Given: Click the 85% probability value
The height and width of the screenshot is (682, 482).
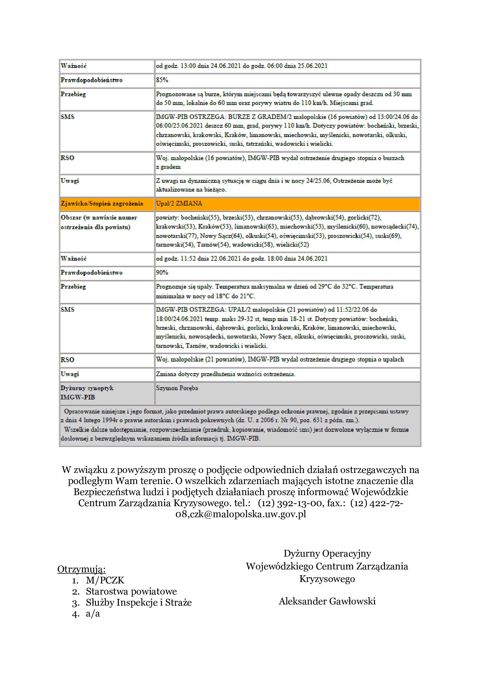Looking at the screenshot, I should pyautogui.click(x=162, y=80).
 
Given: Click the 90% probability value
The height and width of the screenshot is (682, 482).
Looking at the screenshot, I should pyautogui.click(x=162, y=272).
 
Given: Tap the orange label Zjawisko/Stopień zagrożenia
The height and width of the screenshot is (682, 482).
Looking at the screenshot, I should pyautogui.click(x=102, y=204).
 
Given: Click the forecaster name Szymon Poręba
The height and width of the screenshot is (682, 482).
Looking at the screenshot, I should pyautogui.click(x=177, y=388).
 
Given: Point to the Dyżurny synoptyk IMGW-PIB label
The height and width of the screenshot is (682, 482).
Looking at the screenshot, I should pyautogui.click(x=87, y=392).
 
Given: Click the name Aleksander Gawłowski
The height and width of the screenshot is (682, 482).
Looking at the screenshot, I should pyautogui.click(x=327, y=601).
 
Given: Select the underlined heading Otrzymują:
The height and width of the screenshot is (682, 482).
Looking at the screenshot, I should pyautogui.click(x=81, y=569).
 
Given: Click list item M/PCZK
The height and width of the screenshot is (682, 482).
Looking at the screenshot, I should pyautogui.click(x=105, y=580).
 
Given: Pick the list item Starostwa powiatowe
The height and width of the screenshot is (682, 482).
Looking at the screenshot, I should pyautogui.click(x=131, y=591).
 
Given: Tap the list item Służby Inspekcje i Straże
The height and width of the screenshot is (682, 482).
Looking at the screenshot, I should pyautogui.click(x=139, y=602).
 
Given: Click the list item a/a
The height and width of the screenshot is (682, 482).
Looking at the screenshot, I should pyautogui.click(x=93, y=613).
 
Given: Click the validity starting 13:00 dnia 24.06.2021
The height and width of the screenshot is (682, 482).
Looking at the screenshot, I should pyautogui.click(x=242, y=66).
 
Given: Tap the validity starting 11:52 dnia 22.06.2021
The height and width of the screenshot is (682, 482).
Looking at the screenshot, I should pyautogui.click(x=242, y=258).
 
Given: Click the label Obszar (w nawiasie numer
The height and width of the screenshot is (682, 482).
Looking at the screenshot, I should pyautogui.click(x=98, y=218).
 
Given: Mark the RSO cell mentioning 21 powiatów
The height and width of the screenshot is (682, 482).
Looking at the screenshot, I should pyautogui.click(x=279, y=360).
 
